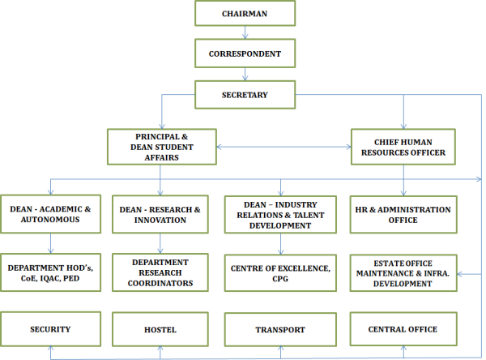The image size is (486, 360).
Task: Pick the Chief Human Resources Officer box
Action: pos(403,147)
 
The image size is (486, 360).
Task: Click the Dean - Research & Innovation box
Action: pos(160,214)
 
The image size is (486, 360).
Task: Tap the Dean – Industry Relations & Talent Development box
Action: pos(279,214)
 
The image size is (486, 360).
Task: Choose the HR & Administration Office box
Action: pos(403,214)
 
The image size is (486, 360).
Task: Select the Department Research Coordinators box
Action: pos(160,272)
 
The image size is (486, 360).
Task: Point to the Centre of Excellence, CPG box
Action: pos(279,272)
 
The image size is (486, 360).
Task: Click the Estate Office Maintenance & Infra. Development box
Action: pos(403,272)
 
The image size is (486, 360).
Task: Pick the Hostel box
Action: pos(160,329)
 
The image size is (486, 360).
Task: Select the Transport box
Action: pos(279,329)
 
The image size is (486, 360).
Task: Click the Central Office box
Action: pos(403,329)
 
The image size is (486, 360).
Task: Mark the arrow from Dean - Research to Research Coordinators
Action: pos(160,243)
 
